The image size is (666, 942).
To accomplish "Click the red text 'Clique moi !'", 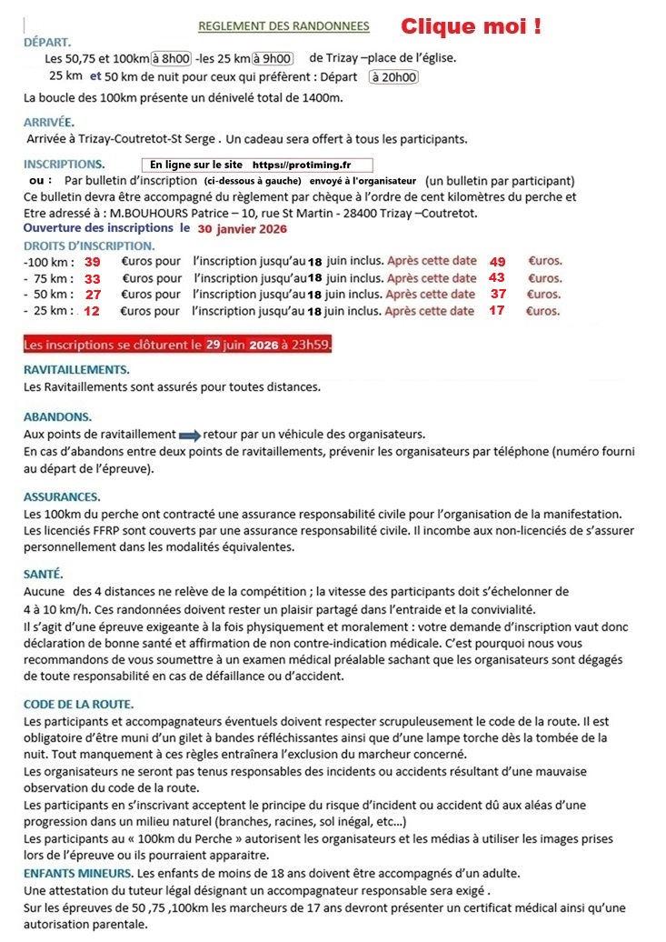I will [x=471, y=25].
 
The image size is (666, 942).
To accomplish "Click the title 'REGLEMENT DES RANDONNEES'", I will [x=284, y=25].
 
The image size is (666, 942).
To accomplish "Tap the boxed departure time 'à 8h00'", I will [x=171, y=59].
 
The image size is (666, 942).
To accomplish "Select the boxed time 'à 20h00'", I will [x=393, y=77].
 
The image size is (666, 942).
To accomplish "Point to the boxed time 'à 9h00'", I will [x=273, y=59].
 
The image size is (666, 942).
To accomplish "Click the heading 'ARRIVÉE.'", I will [x=49, y=122].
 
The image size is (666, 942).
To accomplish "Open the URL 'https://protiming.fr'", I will [x=301, y=165].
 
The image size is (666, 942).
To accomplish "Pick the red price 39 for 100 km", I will [x=92, y=262].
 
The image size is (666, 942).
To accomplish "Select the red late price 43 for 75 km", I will [x=496, y=278].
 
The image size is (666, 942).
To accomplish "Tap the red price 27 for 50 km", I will [x=94, y=295].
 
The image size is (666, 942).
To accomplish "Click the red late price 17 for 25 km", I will [x=495, y=311].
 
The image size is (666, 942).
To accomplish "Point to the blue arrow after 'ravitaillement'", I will [x=189, y=434].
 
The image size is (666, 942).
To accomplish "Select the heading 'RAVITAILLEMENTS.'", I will [x=76, y=370].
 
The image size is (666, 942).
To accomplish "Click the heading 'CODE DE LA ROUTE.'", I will [x=79, y=704].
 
